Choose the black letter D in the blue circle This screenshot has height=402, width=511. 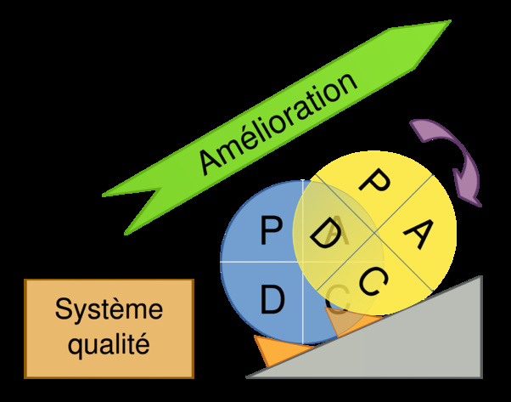[272, 299]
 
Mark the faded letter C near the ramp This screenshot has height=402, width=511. [338, 299]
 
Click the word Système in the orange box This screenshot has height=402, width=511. [109, 309]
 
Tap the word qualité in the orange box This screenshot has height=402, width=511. [109, 345]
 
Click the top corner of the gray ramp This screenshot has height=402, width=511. [481, 277]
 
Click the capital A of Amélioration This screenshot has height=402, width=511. [208, 160]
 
